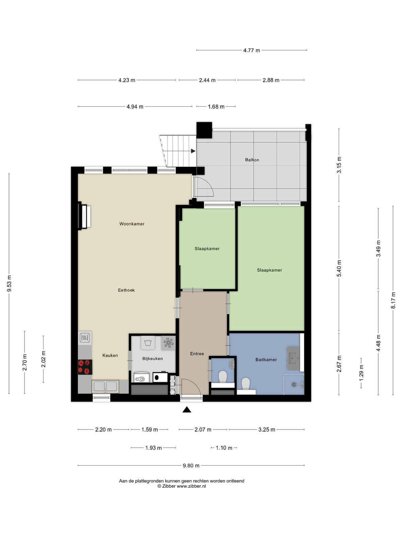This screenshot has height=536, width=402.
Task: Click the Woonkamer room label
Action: pos(132,224)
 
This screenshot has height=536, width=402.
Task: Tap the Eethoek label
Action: pos(126,290)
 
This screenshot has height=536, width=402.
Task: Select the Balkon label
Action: pos(252,160)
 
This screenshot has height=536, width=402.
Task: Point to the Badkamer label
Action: pos(266,359)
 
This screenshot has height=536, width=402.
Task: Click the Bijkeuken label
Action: pos(152,358)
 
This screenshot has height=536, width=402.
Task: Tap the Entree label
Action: pos(197,353)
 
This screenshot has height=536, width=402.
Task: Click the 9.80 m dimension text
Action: pos(191,466)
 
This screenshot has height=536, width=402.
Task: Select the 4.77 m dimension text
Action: pos(252,50)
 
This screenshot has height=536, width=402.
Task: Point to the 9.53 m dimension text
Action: pos(9,283)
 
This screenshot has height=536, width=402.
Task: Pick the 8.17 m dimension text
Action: pos(393,300)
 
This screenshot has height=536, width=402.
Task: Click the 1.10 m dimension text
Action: pos(224,448)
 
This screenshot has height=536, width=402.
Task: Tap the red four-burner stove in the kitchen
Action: pos(85,367)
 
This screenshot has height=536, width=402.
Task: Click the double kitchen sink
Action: pos(106,386)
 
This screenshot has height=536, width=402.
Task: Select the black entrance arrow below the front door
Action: pos(187,409)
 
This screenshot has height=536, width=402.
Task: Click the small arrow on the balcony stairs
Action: pos(193,151)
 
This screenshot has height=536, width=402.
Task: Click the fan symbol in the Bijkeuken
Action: pos(169,343)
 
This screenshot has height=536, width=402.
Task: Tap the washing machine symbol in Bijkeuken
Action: pos(148,343)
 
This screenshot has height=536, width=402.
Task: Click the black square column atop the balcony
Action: pos(204,130)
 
